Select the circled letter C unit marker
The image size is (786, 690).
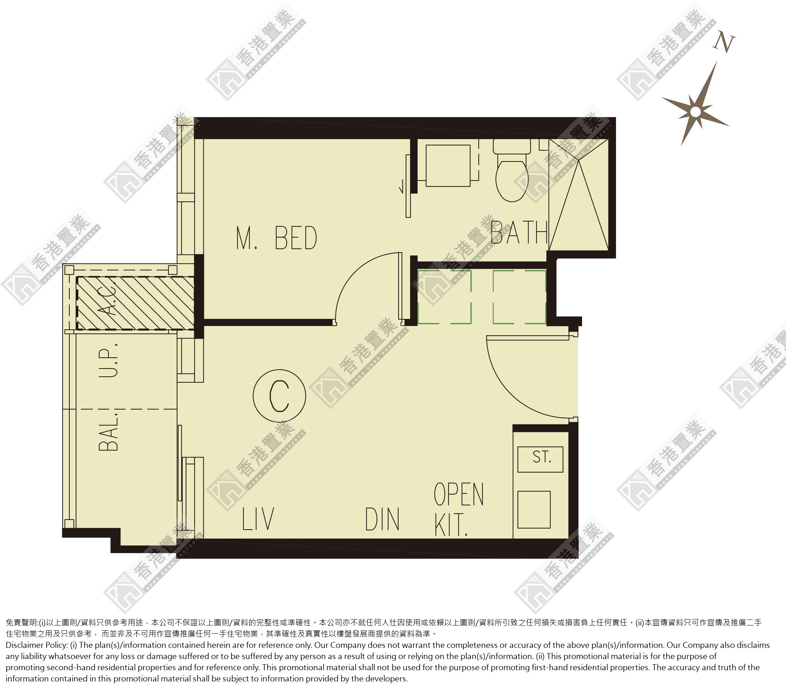click(279, 395)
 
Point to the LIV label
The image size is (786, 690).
click(258, 518)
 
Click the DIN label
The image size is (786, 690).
click(382, 519)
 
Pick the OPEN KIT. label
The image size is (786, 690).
click(459, 509)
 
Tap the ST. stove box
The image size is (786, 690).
click(540, 459)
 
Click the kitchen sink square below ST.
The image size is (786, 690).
click(534, 509)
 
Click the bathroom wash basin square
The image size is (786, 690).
click(448, 165)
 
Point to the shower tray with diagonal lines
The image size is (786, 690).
click(579, 195)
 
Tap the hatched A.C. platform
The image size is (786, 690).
click(135, 303)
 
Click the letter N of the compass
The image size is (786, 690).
click(724, 44)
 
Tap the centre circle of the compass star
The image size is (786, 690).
click(695, 112)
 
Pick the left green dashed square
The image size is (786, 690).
click(444, 297)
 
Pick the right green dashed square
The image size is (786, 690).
click(519, 297)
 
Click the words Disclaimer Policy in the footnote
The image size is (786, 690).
click(37, 645)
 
